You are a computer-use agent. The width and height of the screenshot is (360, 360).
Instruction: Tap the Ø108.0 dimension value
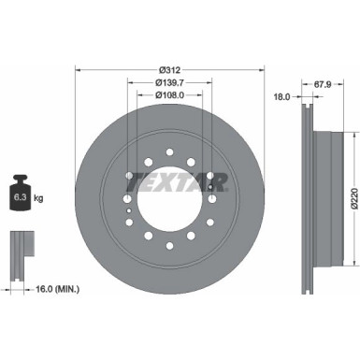click(x=169, y=94)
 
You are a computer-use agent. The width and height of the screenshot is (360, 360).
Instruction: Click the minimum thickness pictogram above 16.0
click(x=20, y=248)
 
